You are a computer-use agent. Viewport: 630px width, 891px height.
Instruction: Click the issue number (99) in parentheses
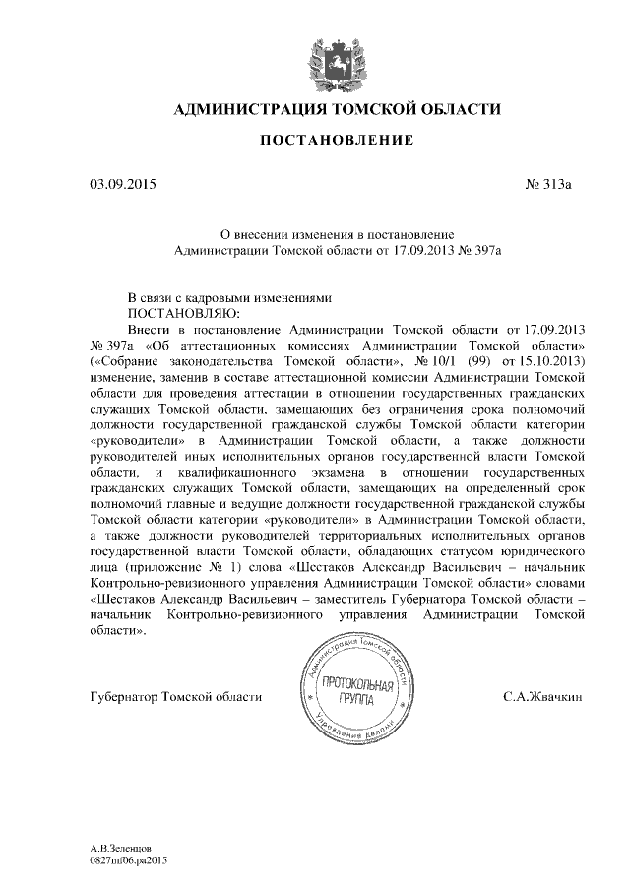472,360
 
